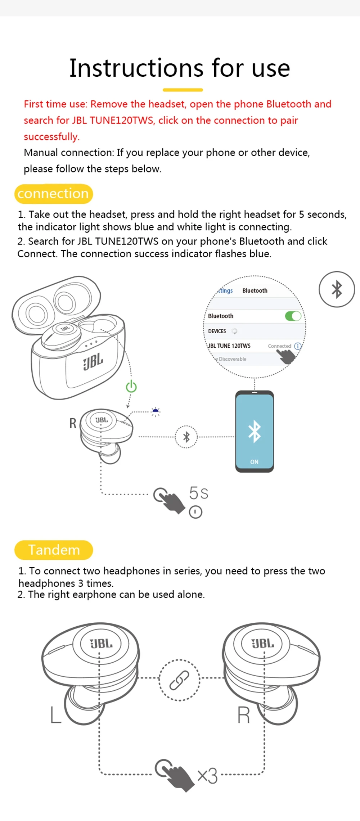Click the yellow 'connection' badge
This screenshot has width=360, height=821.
click(53, 194)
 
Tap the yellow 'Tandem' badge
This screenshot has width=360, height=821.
click(54, 550)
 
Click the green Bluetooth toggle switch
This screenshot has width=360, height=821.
click(293, 316)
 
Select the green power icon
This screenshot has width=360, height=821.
click(131, 387)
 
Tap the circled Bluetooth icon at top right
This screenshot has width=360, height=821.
click(337, 289)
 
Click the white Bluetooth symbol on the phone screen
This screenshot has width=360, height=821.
click(255, 431)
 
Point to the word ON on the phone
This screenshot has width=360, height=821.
click(254, 462)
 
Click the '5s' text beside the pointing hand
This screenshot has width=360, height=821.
click(198, 493)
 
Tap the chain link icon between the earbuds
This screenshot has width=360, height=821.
click(179, 680)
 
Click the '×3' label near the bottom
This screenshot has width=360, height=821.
click(207, 776)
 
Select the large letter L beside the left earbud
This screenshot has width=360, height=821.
click(55, 715)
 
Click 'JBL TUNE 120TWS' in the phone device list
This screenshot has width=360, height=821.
click(229, 346)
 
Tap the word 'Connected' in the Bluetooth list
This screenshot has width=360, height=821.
click(279, 346)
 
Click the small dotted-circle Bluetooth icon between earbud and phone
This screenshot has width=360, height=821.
click(186, 437)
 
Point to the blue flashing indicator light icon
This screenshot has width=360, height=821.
click(156, 411)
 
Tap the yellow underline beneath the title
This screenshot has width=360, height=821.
click(183, 90)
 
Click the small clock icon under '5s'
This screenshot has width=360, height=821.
click(195, 512)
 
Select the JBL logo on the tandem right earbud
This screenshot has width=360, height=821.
click(263, 644)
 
